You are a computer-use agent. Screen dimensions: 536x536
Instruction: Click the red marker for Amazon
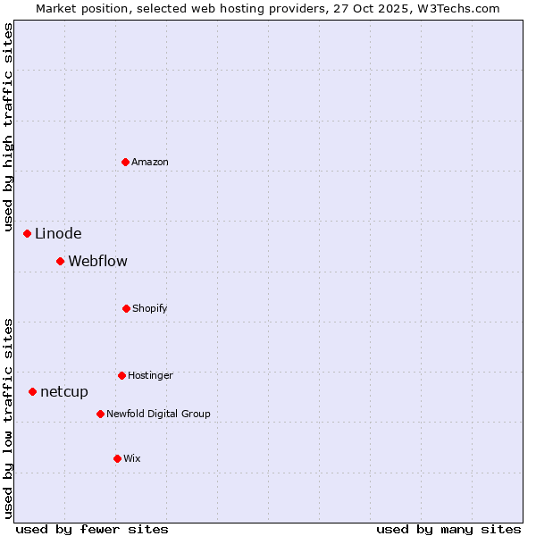[x=126, y=162]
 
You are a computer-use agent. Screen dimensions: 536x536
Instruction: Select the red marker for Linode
[x=28, y=233]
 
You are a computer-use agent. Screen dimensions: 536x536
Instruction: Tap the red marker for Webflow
[x=61, y=261]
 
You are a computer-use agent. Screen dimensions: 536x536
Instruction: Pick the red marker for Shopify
[x=126, y=308]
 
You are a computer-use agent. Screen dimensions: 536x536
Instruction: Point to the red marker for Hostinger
[x=121, y=375]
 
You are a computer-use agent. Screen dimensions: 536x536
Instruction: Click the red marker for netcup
[x=33, y=391]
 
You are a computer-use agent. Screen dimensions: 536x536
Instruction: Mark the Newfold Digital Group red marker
[x=101, y=414]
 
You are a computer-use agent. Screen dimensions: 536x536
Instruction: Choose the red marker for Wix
[x=117, y=458]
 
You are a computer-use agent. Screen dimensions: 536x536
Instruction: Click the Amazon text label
[x=150, y=162]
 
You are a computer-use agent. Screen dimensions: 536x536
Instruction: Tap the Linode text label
[x=58, y=234]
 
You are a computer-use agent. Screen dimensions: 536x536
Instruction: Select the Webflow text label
[x=97, y=262]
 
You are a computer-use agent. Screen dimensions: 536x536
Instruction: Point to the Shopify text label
[x=150, y=308]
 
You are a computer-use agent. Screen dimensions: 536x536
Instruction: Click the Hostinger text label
[x=150, y=375]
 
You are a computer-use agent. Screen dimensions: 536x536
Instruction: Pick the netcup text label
[x=64, y=392]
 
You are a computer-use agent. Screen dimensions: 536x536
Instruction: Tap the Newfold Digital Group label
[x=158, y=414]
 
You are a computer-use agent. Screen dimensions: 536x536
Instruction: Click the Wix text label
[x=132, y=458]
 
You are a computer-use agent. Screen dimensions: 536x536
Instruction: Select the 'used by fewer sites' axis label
[x=92, y=529]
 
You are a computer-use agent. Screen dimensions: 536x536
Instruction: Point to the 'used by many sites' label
[x=448, y=529]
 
